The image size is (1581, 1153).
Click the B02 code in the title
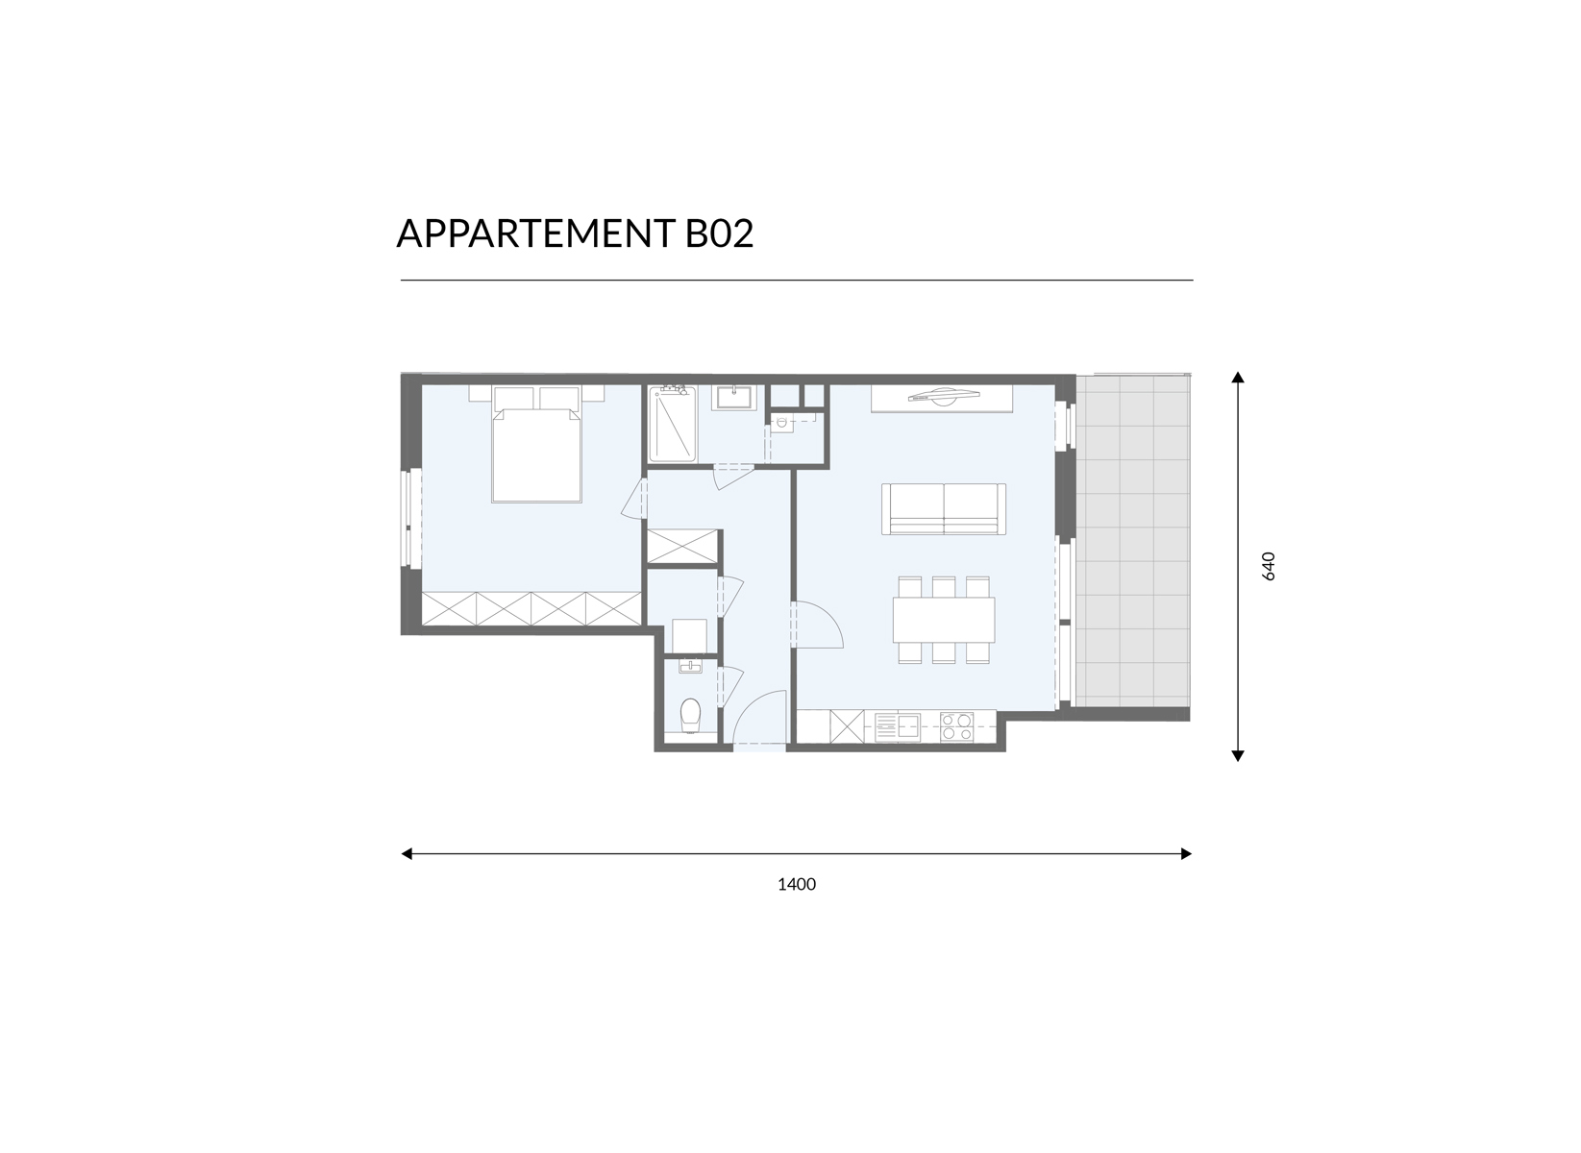(719, 233)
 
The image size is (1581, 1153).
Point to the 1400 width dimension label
(796, 884)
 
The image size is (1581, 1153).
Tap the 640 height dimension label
(1269, 566)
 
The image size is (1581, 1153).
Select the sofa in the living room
(944, 509)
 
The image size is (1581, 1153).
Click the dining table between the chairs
(944, 620)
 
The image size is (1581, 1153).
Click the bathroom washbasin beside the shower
(733, 397)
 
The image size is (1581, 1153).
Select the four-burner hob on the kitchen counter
(956, 726)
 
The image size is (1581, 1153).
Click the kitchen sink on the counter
(897, 726)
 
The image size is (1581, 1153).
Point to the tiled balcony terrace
(1132, 541)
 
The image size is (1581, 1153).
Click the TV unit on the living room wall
(942, 399)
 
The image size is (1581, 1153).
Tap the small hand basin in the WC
(689, 666)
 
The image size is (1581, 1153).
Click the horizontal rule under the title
(797, 281)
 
